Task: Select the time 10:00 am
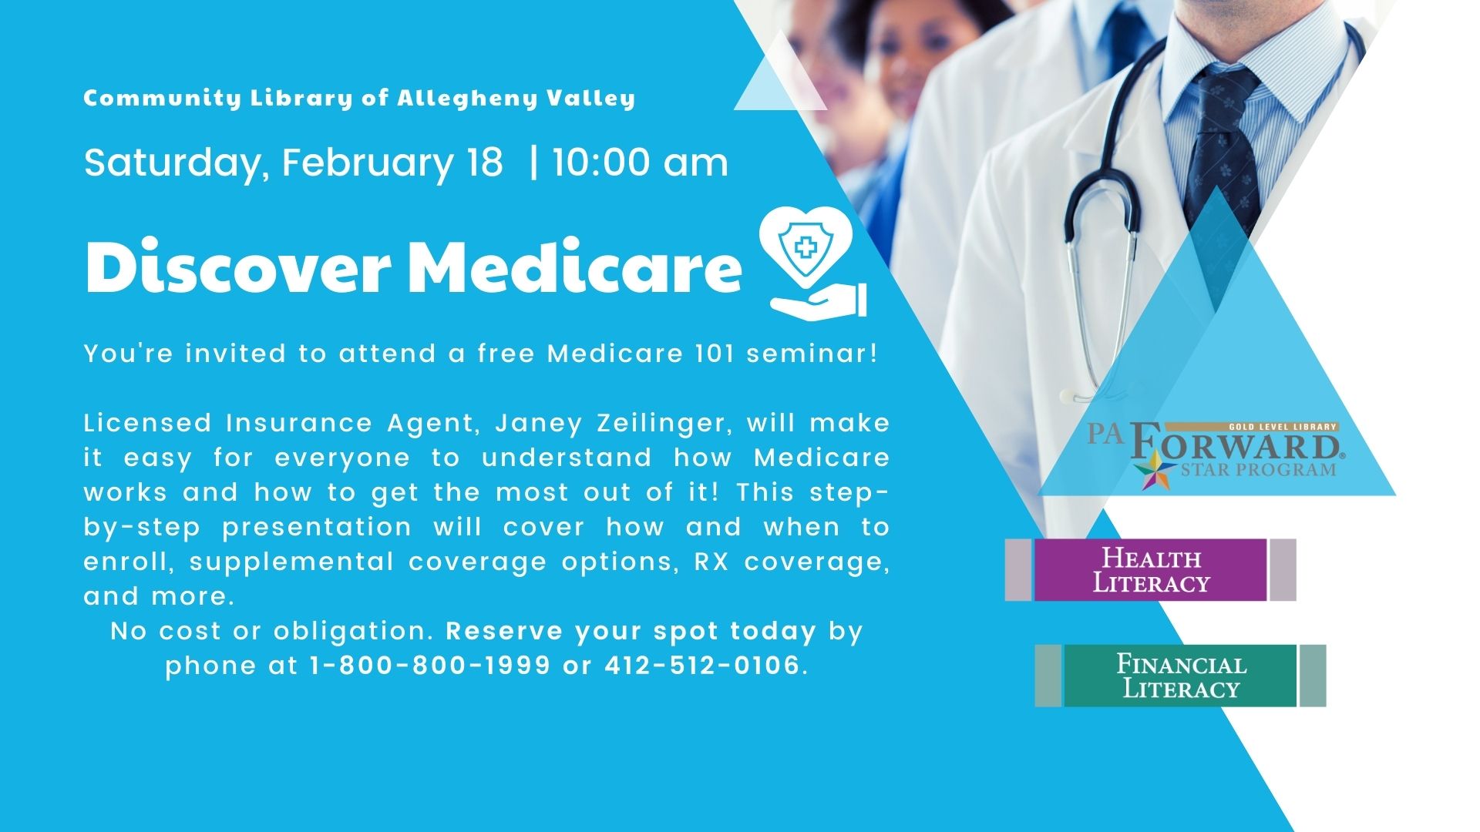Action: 640,163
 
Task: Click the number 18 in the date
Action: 484,163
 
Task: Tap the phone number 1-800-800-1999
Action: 430,665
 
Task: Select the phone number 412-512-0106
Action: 702,665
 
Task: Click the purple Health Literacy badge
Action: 1150,570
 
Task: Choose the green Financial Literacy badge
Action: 1180,676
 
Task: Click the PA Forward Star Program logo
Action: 1216,455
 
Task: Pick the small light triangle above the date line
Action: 780,70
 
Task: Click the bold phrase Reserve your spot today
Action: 631,631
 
